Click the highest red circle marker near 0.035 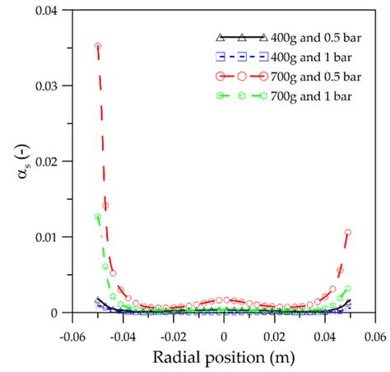click(98, 46)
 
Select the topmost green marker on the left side click(98, 217)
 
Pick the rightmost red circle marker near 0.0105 click(348, 233)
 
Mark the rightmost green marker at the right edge click(348, 289)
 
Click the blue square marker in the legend click(239, 57)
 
